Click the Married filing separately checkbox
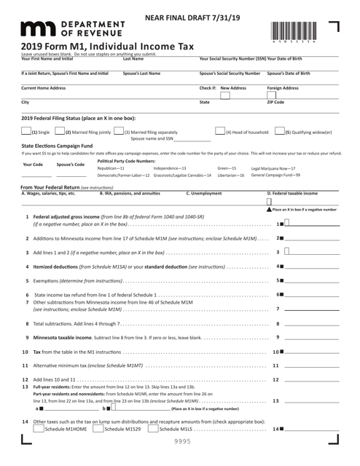(x=118, y=132)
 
